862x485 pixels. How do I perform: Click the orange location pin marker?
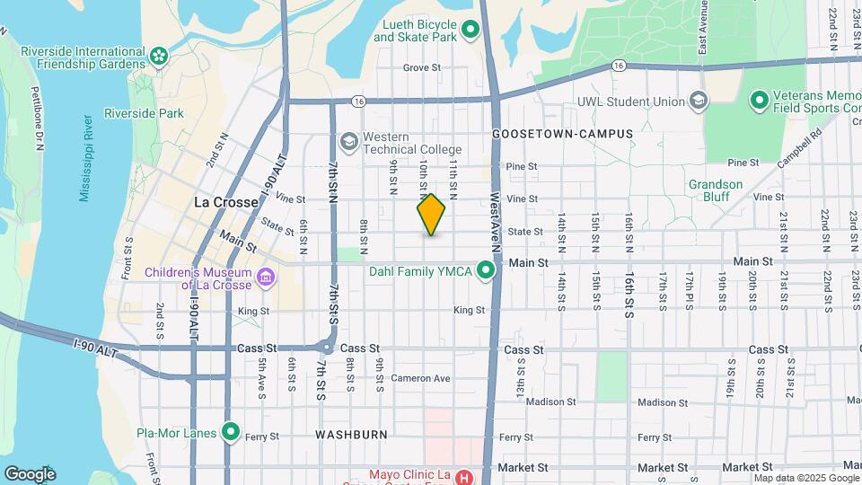[x=431, y=214]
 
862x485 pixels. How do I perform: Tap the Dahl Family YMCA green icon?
[x=486, y=270]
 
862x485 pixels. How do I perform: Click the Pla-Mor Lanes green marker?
[x=230, y=433]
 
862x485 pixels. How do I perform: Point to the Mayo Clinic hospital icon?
[x=463, y=476]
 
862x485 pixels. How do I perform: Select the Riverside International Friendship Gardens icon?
[x=159, y=57]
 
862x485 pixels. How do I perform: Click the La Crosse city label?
[x=225, y=202]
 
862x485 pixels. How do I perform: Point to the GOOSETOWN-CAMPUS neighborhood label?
[x=562, y=134]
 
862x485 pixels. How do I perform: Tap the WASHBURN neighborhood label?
[x=351, y=435]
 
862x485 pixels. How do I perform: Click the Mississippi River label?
[x=86, y=158]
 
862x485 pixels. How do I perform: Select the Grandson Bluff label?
[x=716, y=190]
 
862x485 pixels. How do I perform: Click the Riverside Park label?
[x=144, y=113]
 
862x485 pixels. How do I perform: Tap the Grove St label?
[x=422, y=67]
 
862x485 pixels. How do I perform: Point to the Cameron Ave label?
[x=420, y=378]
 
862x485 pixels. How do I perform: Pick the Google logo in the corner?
[x=30, y=474]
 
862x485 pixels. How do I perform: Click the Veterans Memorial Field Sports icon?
[x=758, y=100]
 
